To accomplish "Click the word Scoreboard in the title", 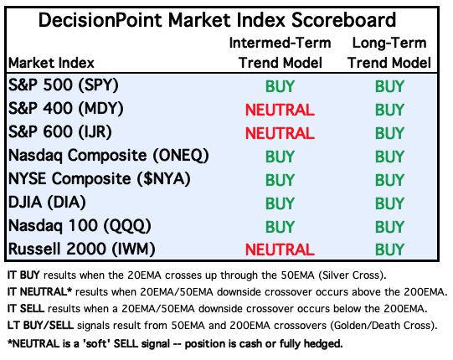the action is click(343, 20).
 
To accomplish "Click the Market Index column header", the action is click(51, 63).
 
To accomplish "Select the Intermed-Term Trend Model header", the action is click(280, 53).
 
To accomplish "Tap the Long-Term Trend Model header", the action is click(389, 53).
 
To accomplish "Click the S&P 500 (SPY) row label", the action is click(64, 85).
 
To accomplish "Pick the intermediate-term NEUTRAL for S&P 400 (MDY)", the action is click(280, 110).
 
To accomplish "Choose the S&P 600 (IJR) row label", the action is click(59, 132).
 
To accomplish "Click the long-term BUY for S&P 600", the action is click(389, 133).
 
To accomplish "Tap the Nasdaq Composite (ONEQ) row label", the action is click(108, 156).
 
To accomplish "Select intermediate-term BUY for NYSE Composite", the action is click(280, 180).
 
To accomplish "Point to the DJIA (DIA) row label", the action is click(47, 203).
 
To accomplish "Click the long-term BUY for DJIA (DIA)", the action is click(389, 203).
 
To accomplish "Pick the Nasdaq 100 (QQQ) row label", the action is click(80, 226).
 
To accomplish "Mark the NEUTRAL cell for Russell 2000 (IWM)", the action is click(280, 249).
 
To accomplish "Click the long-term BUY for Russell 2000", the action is click(389, 249).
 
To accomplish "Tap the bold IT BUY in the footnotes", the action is click(23, 275).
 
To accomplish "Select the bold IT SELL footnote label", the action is click(26, 309).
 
